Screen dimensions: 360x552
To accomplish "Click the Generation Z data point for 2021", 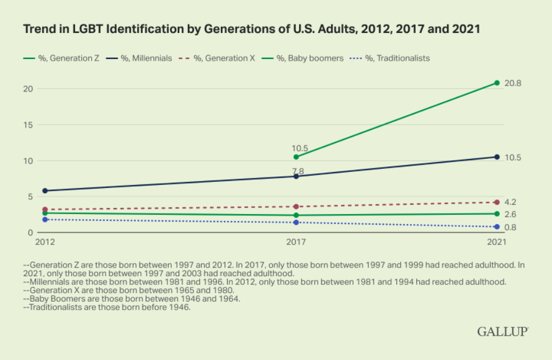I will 497,83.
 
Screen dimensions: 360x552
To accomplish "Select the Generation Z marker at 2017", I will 296,157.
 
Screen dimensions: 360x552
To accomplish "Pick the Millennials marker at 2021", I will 497,157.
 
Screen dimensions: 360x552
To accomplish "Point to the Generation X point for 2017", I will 296,207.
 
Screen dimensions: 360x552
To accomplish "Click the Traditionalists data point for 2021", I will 497,227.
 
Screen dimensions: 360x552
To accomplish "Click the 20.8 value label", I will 513,83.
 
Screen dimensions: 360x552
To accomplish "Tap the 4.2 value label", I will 510,202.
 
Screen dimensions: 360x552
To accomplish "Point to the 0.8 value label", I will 510,227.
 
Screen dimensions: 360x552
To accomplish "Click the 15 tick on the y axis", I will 27,125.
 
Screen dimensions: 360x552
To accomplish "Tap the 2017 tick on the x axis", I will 296,241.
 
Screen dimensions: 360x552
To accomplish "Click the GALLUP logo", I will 502,332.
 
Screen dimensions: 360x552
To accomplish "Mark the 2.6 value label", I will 510,214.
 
